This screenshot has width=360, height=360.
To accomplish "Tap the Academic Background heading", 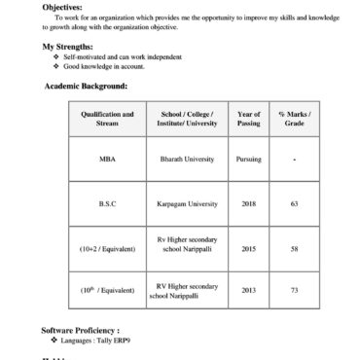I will (x=86, y=87).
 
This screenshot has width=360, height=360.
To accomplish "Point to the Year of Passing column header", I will (x=248, y=119).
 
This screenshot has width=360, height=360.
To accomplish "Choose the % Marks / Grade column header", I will (x=293, y=119).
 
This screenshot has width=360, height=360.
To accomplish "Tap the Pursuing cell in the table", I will (x=248, y=158).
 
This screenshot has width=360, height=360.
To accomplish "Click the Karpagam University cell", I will (x=188, y=203).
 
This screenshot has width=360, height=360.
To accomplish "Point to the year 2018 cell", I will (x=248, y=203).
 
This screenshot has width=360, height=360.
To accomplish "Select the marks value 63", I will (x=293, y=203).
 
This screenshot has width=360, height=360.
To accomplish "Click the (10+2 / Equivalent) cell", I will (x=107, y=249).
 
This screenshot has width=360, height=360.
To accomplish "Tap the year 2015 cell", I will (x=248, y=249).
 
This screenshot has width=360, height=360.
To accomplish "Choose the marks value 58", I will (x=293, y=249).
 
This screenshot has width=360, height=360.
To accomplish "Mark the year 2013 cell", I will (x=248, y=290).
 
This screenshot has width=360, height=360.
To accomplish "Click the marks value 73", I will (x=293, y=290).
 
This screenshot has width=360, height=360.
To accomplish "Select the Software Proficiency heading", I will (x=81, y=331).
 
